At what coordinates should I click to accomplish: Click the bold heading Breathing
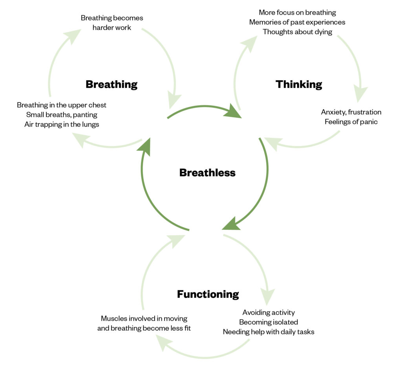(x=111, y=84)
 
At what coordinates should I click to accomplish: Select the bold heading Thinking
(x=299, y=84)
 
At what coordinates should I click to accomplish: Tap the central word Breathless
(x=207, y=172)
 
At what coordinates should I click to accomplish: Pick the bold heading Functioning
(x=208, y=294)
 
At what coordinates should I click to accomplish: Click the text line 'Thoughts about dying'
(x=297, y=32)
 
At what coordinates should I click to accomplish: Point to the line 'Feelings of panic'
(x=351, y=122)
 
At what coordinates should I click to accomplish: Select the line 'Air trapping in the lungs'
(x=62, y=125)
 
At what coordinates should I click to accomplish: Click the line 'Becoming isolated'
(x=269, y=322)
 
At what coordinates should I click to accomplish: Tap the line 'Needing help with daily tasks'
(x=269, y=332)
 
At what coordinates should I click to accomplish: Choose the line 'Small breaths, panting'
(x=62, y=115)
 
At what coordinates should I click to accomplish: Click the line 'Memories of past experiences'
(x=297, y=22)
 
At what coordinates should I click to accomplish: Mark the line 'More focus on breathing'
(x=297, y=13)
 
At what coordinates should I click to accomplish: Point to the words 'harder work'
(x=112, y=28)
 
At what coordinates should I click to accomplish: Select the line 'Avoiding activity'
(x=269, y=313)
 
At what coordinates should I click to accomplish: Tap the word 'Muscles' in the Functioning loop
(x=114, y=318)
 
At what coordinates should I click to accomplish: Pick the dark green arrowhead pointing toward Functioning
(x=232, y=224)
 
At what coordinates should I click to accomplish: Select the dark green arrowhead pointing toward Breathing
(x=145, y=146)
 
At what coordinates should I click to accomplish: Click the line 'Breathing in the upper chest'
(x=62, y=105)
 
